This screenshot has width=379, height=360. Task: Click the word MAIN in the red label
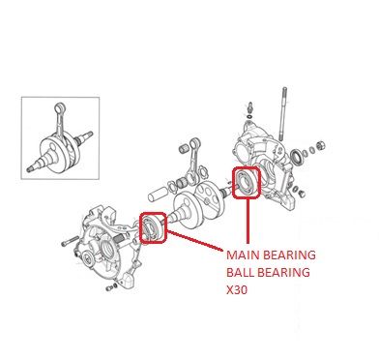(x=243, y=255)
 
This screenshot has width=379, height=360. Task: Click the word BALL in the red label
(x=241, y=272)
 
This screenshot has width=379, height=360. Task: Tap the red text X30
(x=237, y=289)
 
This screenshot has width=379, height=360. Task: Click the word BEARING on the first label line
(x=289, y=255)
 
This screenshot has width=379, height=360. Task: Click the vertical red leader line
(x=248, y=221)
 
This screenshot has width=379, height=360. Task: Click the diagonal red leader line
(x=194, y=240)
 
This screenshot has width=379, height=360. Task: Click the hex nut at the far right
(x=321, y=145)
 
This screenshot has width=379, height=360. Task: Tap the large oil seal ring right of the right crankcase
(x=297, y=157)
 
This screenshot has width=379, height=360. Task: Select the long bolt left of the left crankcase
(x=70, y=241)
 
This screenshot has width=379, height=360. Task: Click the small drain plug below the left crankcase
(x=110, y=287)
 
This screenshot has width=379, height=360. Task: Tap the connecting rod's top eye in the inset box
(x=60, y=106)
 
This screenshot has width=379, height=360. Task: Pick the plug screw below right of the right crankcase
(x=302, y=194)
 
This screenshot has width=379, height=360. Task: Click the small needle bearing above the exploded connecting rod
(x=184, y=149)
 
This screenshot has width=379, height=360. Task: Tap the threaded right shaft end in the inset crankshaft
(x=88, y=135)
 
